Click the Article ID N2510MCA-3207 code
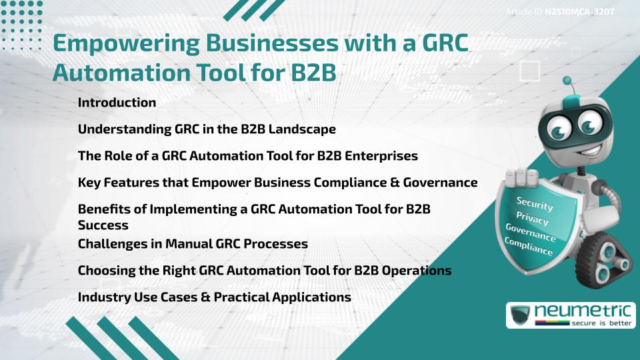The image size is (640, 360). point(579,12)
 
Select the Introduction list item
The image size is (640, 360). point(117,103)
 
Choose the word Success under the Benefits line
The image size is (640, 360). point(103,225)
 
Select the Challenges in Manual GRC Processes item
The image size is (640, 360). point(193,244)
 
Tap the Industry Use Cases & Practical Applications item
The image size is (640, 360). point(214,297)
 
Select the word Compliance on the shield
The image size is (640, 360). point(529,247)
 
